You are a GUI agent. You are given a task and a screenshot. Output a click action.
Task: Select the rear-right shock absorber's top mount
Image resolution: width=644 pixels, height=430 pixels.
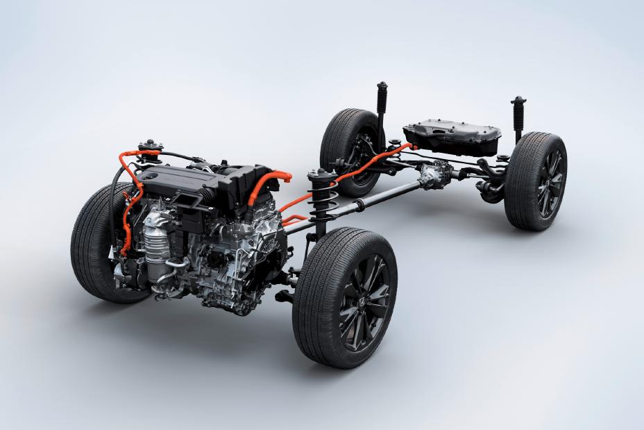point(518,101)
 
